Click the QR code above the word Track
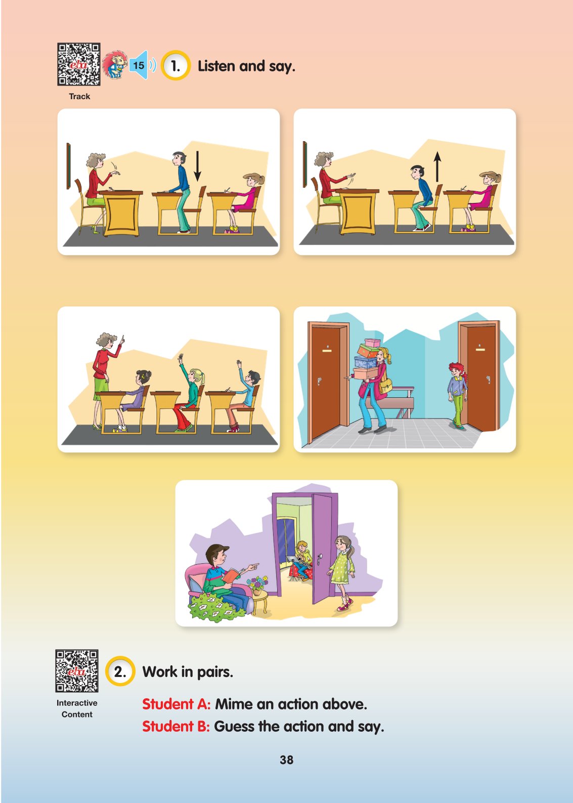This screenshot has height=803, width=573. (x=79, y=64)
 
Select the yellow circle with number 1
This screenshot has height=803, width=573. (x=175, y=66)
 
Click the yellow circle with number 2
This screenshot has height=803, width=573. (x=120, y=671)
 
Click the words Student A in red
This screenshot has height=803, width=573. (x=176, y=704)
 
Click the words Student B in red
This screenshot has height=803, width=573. (x=175, y=726)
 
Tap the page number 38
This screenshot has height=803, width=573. (x=286, y=760)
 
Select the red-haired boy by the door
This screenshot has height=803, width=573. (x=458, y=395)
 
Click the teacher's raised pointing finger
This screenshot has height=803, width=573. (x=122, y=338)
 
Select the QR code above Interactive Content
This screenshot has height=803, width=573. (x=77, y=671)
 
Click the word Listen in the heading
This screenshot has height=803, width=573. (x=216, y=66)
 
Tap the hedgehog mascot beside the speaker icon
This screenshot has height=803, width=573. (x=115, y=65)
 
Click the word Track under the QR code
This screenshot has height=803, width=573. (x=79, y=96)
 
